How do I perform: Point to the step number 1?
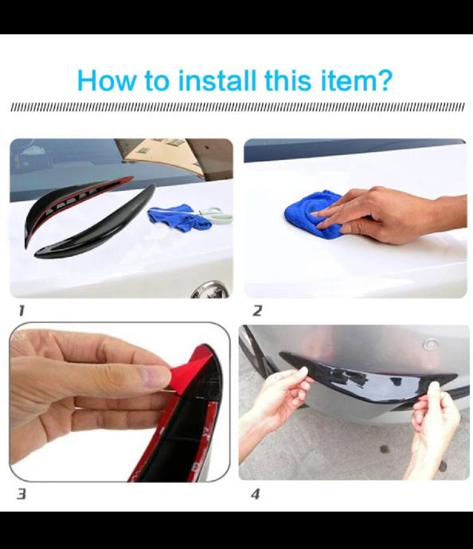pyautogui.click(x=21, y=310)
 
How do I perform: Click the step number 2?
pyautogui.click(x=257, y=310)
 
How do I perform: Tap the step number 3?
pyautogui.click(x=21, y=494)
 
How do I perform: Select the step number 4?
pyautogui.click(x=256, y=494)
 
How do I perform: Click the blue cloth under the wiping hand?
pyautogui.click(x=312, y=214)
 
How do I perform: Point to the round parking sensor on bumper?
pyautogui.click(x=431, y=345)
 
